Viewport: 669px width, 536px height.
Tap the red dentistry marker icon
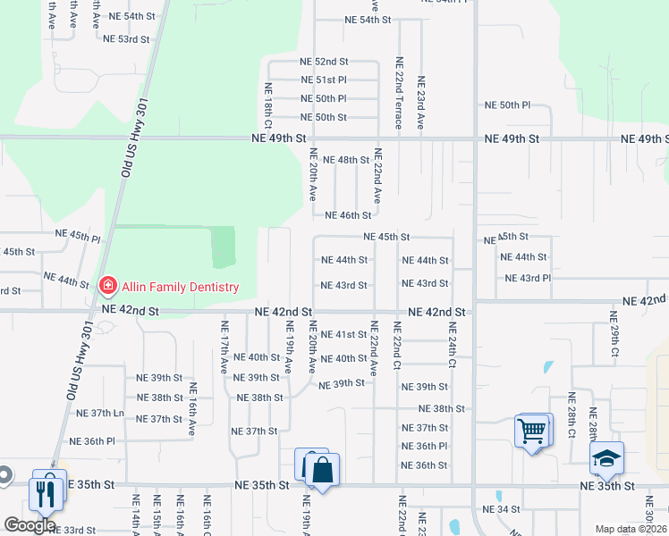(107, 286)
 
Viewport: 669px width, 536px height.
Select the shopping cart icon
(531, 432)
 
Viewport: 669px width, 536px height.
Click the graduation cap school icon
(607, 458)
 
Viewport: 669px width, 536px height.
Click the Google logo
(30, 525)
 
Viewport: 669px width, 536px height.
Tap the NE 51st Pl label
(324, 80)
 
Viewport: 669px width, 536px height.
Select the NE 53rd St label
(126, 39)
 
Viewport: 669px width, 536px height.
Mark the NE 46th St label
(348, 215)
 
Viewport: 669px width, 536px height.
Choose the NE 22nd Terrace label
(399, 102)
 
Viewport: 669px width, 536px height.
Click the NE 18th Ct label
(267, 105)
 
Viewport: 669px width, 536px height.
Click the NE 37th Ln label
(101, 413)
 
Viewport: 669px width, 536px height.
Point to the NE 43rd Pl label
(528, 279)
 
